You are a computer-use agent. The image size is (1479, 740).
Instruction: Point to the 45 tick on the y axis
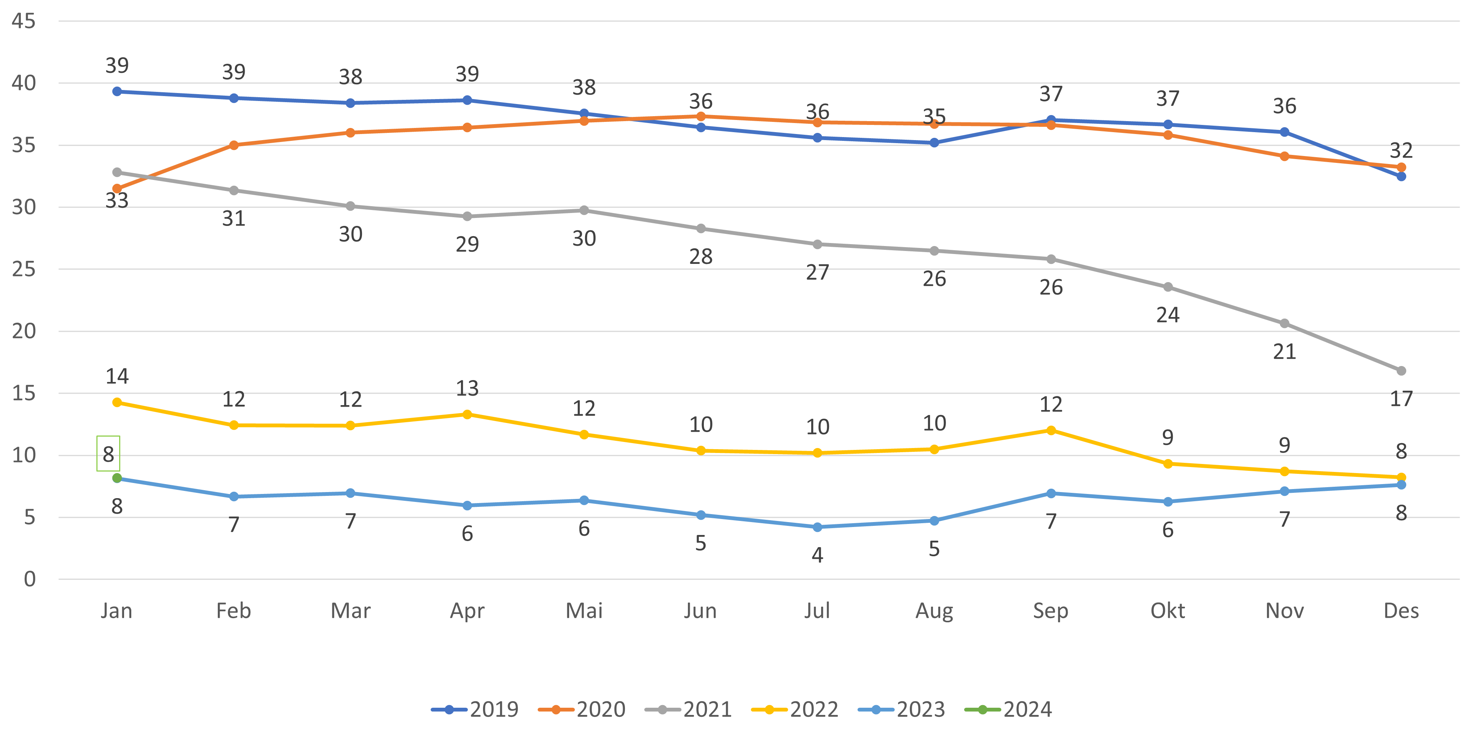point(24,21)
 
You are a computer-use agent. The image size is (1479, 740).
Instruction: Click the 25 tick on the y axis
point(24,269)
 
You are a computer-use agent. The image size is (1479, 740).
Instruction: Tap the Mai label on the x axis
point(584,611)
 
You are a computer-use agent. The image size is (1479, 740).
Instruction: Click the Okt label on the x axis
point(1167,611)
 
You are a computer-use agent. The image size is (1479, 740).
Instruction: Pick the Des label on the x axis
point(1401,611)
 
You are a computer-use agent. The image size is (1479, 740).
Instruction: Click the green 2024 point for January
point(117,478)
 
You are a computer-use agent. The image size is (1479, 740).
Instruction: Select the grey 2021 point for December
point(1401,371)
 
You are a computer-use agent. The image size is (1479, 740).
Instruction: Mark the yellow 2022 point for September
point(1051,430)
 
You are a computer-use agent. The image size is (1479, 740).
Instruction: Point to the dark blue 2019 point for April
point(467,100)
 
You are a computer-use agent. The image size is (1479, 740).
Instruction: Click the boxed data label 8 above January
point(108,454)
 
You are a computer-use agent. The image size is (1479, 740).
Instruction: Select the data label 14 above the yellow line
point(117,376)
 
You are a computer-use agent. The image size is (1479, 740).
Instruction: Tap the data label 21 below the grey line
point(1284,352)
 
